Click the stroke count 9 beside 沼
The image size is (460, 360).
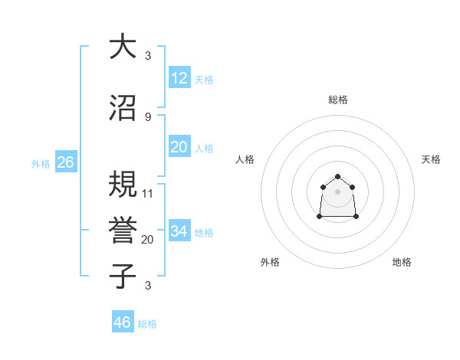(147, 116)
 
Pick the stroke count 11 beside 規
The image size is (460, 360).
(148, 193)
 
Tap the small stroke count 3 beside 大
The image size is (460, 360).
(147, 56)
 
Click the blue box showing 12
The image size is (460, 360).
(179, 77)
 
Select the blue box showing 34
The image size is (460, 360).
(179, 231)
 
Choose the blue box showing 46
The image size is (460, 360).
(122, 322)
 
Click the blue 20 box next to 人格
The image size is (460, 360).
(179, 147)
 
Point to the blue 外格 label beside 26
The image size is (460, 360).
(41, 163)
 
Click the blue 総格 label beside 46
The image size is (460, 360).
(147, 324)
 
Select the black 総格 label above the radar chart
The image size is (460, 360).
(337, 100)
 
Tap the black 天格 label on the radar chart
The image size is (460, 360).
(431, 159)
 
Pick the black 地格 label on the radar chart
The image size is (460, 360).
(402, 262)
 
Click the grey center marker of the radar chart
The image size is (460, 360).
(337, 191)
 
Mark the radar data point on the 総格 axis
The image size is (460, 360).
(337, 175)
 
